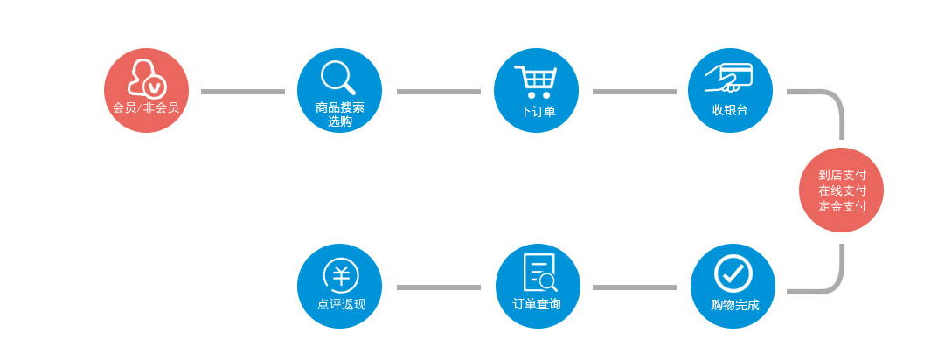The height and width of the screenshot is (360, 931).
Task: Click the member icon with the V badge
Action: (x=146, y=79)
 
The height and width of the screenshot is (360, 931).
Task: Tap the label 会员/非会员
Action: (x=146, y=108)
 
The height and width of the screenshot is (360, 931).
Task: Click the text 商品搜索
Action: (x=340, y=108)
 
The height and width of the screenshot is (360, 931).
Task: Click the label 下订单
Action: (x=538, y=112)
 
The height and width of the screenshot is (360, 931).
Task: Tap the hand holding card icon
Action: (x=728, y=78)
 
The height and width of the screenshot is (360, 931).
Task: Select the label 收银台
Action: (x=730, y=110)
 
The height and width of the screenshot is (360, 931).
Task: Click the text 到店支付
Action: (x=842, y=175)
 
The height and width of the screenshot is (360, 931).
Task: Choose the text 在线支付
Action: (x=842, y=191)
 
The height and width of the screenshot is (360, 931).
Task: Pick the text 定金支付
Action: (x=842, y=206)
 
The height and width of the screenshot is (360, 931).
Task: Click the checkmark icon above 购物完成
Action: (x=733, y=273)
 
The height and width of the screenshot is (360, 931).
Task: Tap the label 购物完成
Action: (x=734, y=306)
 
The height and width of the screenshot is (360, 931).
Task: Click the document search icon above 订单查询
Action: (x=539, y=273)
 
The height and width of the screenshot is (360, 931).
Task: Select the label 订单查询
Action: (x=537, y=304)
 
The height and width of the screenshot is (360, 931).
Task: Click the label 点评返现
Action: (x=342, y=305)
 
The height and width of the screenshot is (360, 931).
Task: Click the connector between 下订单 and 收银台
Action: (x=634, y=92)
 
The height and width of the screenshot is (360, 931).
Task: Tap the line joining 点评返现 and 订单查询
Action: (x=438, y=287)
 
